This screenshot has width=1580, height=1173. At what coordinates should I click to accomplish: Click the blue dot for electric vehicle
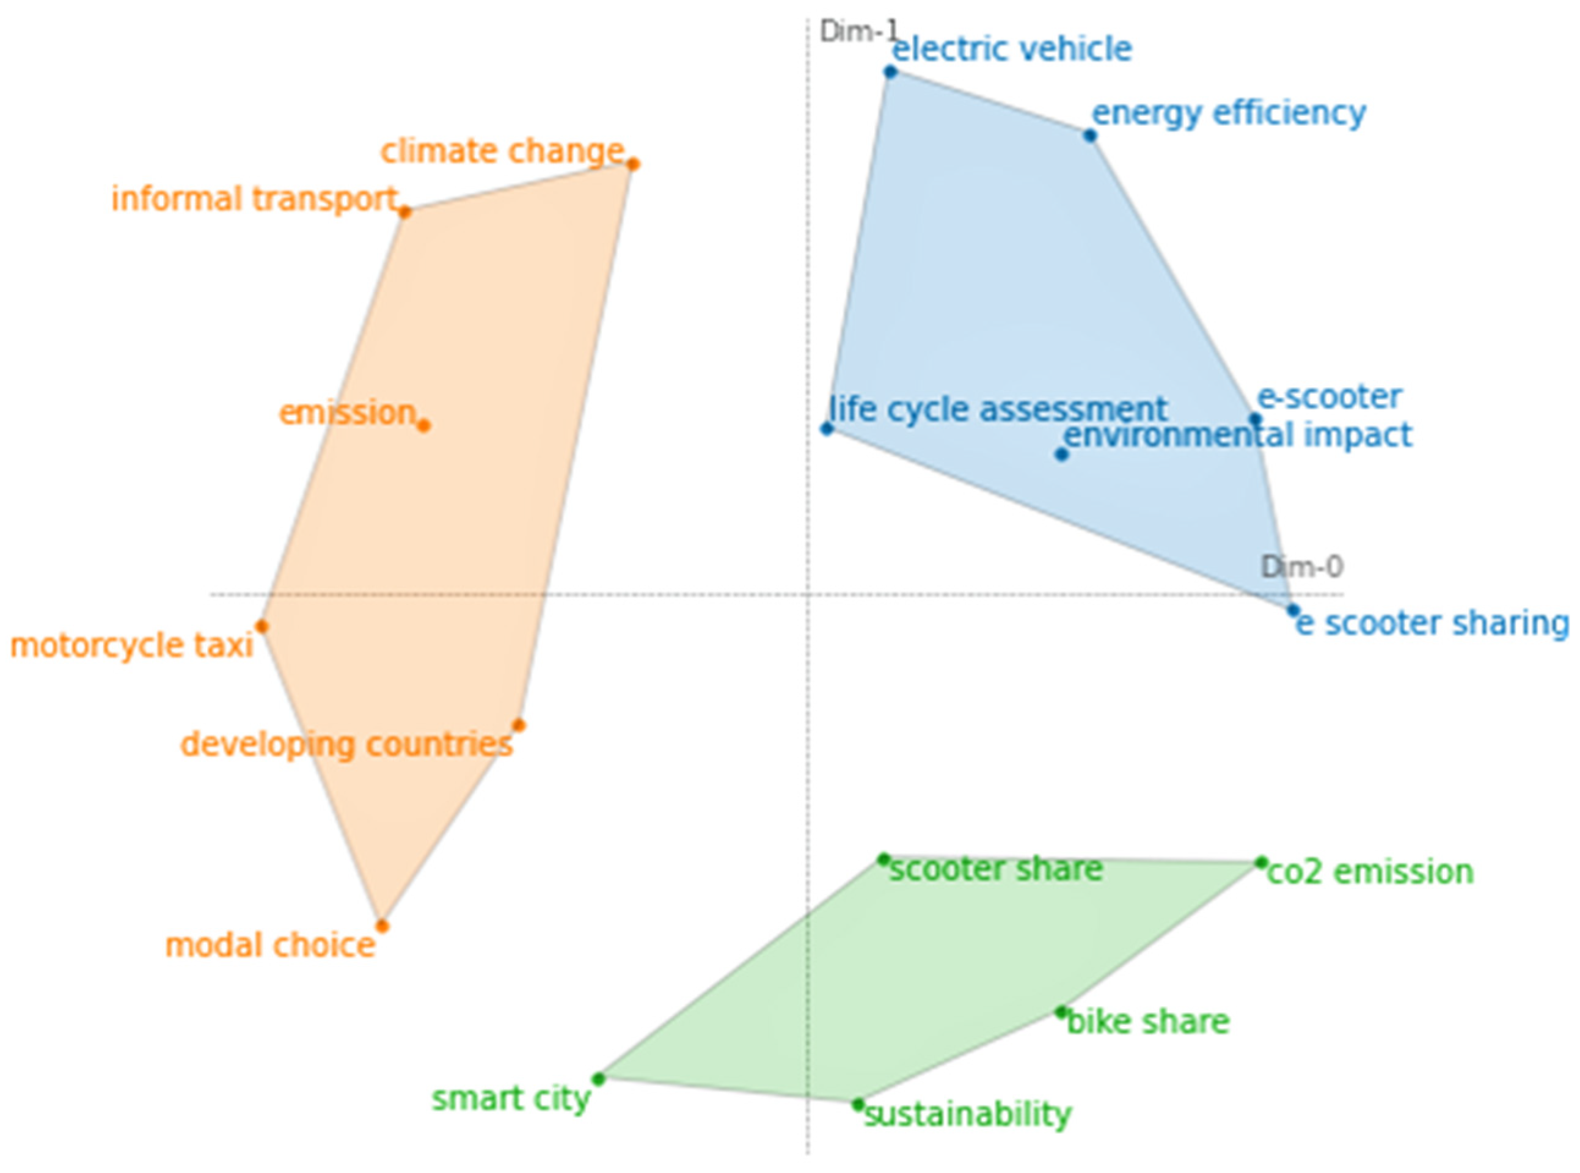(890, 71)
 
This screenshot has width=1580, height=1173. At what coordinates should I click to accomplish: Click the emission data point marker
(423, 425)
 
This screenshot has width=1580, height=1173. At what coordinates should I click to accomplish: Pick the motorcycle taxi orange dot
(262, 626)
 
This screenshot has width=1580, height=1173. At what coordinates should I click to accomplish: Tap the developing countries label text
(346, 745)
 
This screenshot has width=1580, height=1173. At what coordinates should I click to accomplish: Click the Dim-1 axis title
(858, 31)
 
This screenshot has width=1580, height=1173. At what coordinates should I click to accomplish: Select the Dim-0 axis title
(1301, 566)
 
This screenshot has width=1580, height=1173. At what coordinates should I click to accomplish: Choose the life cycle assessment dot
(827, 428)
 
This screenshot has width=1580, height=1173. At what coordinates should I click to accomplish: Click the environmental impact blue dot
(1061, 454)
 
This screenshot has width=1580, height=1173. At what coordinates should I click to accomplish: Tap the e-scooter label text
(1329, 397)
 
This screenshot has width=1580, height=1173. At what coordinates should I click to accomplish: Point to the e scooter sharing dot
(1293, 610)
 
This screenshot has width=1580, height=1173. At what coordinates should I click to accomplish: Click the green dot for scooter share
(883, 859)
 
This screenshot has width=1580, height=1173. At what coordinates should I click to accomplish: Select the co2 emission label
(1370, 872)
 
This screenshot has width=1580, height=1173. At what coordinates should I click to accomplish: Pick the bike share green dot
(1061, 1012)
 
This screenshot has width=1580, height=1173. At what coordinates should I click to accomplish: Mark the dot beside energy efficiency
(1090, 136)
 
